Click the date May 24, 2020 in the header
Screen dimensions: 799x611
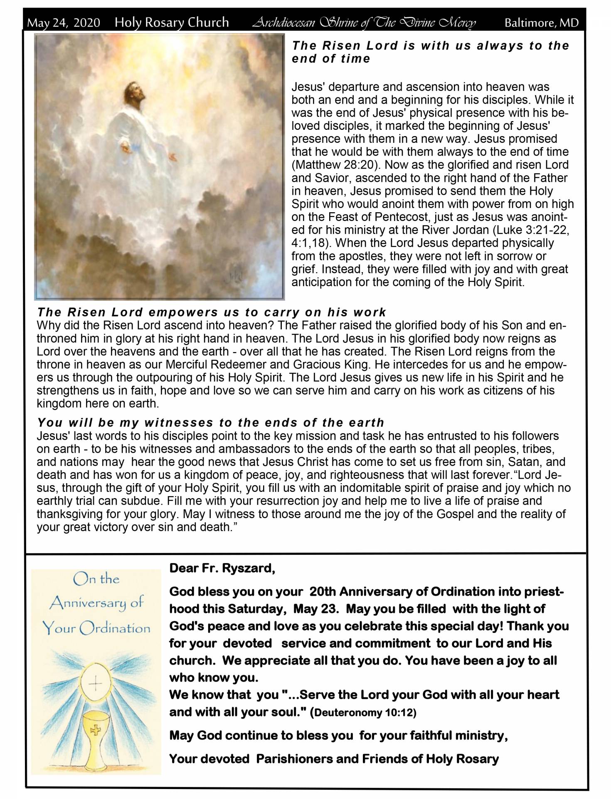[64, 22]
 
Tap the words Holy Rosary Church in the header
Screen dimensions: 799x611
[172, 22]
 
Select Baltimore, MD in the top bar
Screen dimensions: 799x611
[541, 22]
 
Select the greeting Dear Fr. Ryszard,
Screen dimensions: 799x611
[222, 568]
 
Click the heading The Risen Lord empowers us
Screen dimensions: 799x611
[212, 312]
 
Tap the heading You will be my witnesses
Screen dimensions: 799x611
[210, 423]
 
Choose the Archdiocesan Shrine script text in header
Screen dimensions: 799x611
[365, 22]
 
